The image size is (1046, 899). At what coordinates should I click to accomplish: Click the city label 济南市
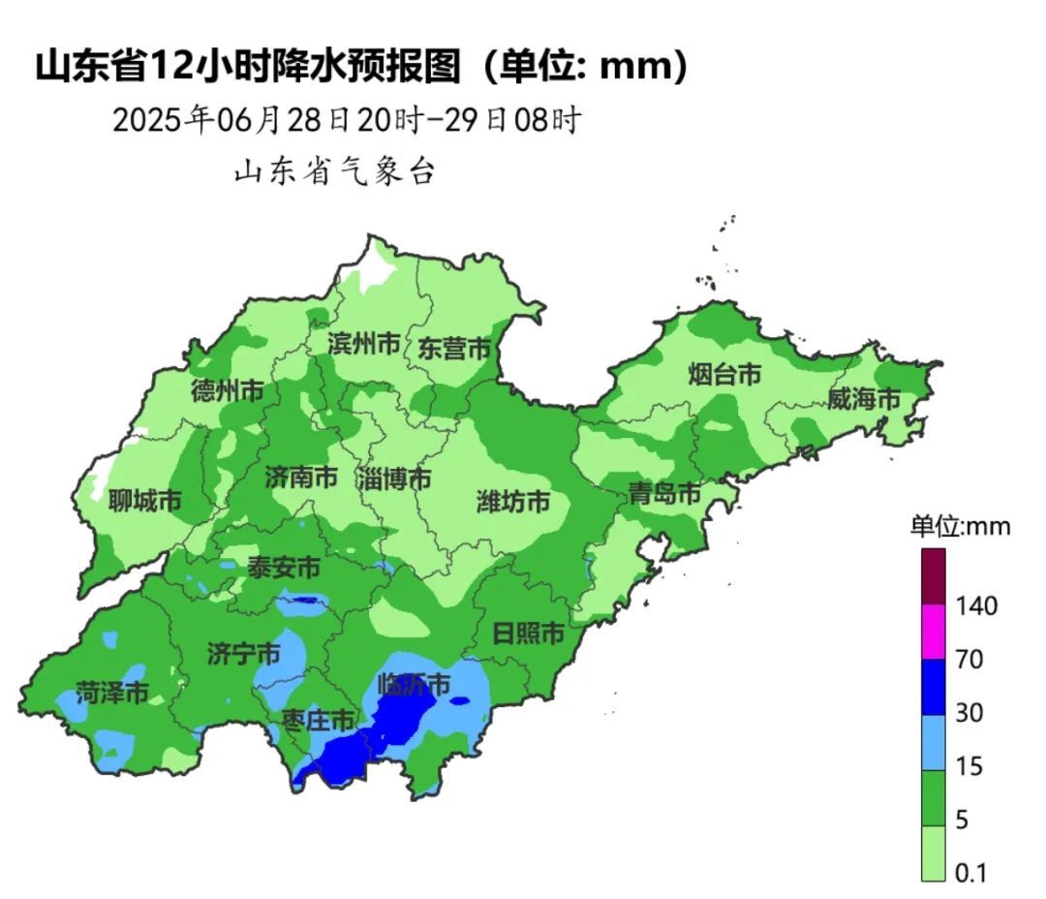(x=301, y=477)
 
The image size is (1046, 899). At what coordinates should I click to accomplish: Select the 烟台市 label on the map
(x=724, y=374)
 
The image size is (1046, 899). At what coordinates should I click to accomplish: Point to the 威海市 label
(x=864, y=398)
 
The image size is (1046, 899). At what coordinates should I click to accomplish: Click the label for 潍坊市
(x=513, y=501)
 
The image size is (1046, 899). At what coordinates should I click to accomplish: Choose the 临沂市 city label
(x=414, y=685)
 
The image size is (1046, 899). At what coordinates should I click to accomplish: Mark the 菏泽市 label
(x=113, y=694)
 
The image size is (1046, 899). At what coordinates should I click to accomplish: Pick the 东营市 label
(x=454, y=349)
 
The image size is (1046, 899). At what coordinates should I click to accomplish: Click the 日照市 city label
(x=528, y=635)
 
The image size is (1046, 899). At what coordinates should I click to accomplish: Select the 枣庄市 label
(x=318, y=720)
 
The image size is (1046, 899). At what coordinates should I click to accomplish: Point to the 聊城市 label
(x=144, y=501)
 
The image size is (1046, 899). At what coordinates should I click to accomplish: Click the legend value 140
(x=975, y=606)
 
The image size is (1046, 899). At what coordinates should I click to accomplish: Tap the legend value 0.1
(x=969, y=873)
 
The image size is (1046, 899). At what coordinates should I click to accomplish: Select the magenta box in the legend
(x=933, y=632)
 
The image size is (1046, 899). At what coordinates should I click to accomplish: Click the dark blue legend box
(x=933, y=687)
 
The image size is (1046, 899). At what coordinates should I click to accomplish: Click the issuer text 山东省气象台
(x=335, y=171)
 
